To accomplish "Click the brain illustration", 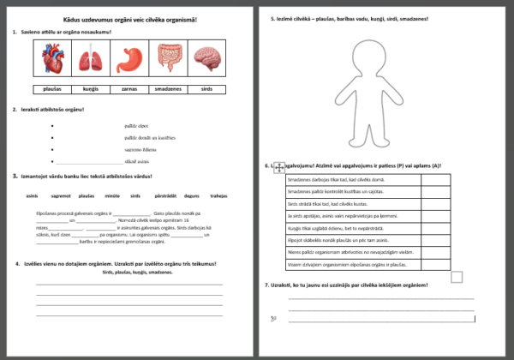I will (x=206, y=60).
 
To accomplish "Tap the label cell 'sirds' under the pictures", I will (x=206, y=88).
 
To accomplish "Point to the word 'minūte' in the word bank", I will (x=111, y=195).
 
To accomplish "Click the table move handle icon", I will (x=278, y=169).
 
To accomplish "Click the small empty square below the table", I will (x=457, y=277).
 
